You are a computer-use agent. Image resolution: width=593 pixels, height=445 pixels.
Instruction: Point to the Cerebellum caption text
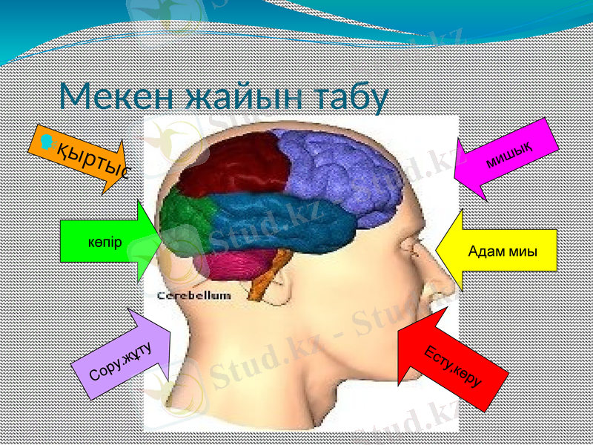(194, 295)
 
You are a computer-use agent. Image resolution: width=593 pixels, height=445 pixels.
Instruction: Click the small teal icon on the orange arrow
(48, 139)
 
